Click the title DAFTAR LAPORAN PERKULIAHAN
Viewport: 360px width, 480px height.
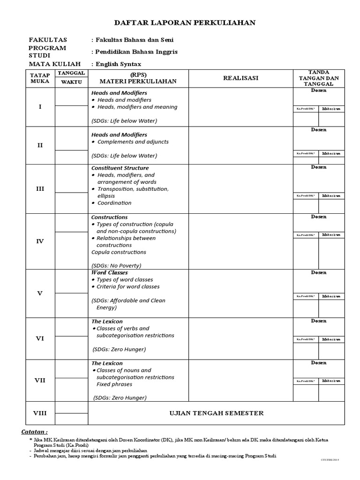(185, 23)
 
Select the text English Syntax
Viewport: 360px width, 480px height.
(118, 64)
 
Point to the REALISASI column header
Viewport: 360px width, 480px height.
(240, 78)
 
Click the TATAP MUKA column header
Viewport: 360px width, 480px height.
(40, 78)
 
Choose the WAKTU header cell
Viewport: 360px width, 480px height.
(71, 82)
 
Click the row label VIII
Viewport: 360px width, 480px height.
(40, 413)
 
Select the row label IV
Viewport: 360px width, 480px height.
(40, 241)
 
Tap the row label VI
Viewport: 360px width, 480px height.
(40, 338)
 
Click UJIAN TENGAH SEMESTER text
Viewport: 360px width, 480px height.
(216, 413)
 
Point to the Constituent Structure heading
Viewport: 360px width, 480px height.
(120, 168)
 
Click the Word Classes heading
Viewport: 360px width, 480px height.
(110, 272)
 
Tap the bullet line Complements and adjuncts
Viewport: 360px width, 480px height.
(133, 142)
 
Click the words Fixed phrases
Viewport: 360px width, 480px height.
(114, 384)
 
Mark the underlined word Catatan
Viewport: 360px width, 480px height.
(34, 431)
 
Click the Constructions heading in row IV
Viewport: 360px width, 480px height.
(110, 217)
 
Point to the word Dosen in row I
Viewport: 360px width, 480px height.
(319, 90)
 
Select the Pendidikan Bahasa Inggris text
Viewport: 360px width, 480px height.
(135, 52)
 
